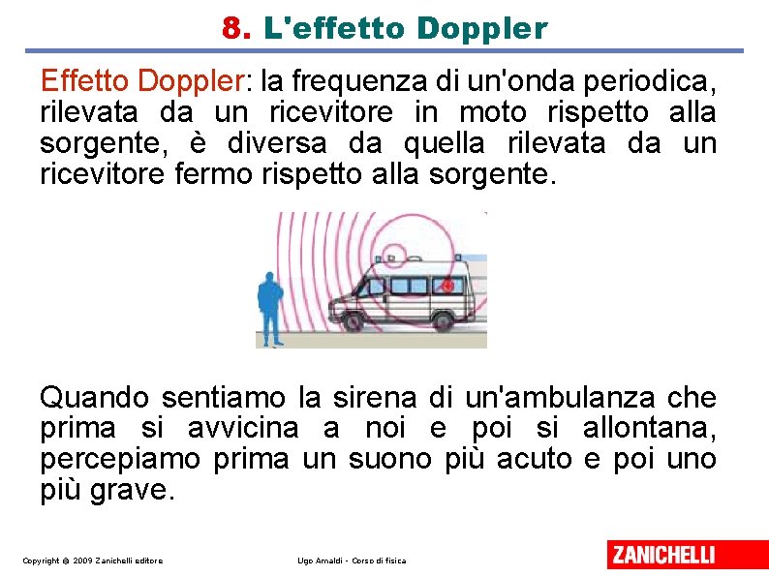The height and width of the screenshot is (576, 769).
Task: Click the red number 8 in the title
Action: [x=232, y=28]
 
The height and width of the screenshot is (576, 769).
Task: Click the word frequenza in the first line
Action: [x=359, y=82]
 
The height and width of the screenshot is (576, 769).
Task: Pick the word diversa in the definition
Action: [x=277, y=143]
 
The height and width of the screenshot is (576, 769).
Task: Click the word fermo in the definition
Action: [x=213, y=173]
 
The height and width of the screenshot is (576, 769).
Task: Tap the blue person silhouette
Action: [x=270, y=309]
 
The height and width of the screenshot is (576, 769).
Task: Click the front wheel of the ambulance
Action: [x=353, y=321]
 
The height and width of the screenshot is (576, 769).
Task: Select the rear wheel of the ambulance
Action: [x=443, y=321]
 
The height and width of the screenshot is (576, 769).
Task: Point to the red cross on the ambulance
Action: [x=447, y=286]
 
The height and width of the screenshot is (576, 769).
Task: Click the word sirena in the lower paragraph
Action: [x=374, y=397]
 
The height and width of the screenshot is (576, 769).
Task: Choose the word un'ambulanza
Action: [x=560, y=397]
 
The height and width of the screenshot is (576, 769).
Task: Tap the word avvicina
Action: [x=243, y=428]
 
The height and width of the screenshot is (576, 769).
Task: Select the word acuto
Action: [x=534, y=459]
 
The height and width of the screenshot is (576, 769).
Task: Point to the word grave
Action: [x=129, y=490]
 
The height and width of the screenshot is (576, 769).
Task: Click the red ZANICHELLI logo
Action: [x=688, y=555]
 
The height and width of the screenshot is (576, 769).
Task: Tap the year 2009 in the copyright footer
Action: [x=82, y=561]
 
